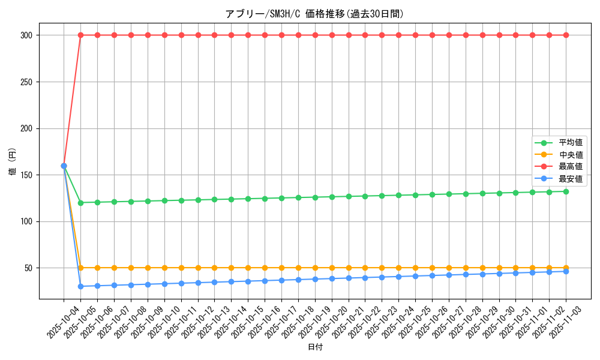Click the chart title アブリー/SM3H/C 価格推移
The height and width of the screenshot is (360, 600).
tap(314, 14)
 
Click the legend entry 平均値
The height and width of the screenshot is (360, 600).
tap(570, 143)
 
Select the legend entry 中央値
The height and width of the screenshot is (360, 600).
tap(570, 155)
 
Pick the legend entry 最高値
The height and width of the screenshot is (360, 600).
tap(570, 166)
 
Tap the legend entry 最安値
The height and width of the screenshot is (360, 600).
tap(570, 178)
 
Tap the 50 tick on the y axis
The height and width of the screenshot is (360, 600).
tap(27, 268)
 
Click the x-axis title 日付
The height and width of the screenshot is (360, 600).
tap(315, 347)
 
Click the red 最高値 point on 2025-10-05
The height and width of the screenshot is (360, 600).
tap(80, 35)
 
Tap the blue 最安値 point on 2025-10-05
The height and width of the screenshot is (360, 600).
tap(80, 286)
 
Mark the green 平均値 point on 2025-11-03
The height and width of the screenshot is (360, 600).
tap(566, 191)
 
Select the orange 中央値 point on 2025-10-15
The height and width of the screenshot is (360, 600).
tap(248, 268)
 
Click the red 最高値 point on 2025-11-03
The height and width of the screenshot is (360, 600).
tap(566, 35)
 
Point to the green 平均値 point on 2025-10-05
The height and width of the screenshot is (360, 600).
tap(80, 202)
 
